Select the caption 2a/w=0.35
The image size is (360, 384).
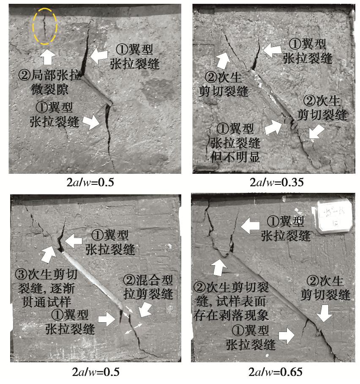tap(276, 182)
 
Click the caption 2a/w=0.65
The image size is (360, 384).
tap(275, 372)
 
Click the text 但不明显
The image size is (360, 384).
tap(235, 157)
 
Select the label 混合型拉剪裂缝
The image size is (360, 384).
tap(148, 287)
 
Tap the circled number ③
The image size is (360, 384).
tap(21, 274)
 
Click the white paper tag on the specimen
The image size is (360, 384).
tap(334, 216)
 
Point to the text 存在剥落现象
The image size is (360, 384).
tap(231, 315)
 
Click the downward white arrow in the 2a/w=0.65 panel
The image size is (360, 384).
tap(324, 313)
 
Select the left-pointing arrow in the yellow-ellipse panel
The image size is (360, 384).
tap(99, 56)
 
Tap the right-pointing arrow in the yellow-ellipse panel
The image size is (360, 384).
tap(91, 122)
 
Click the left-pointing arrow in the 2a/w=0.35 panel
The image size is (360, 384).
tap(272, 50)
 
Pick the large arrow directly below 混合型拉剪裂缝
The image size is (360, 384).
tap(145, 309)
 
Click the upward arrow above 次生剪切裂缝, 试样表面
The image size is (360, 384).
tap(218, 267)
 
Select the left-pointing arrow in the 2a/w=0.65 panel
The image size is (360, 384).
tap(250, 225)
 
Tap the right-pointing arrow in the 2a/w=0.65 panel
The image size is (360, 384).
tap(286, 335)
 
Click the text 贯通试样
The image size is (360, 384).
tap(46, 302)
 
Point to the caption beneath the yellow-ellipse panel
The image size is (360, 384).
tap(90, 182)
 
